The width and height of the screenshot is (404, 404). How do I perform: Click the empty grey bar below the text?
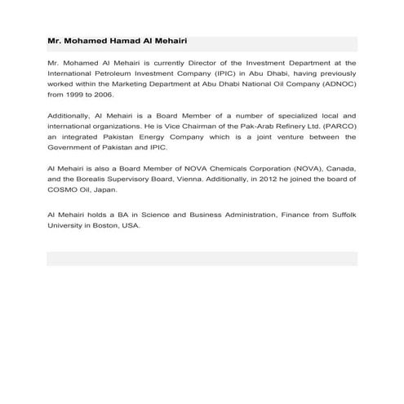[x=202, y=259]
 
